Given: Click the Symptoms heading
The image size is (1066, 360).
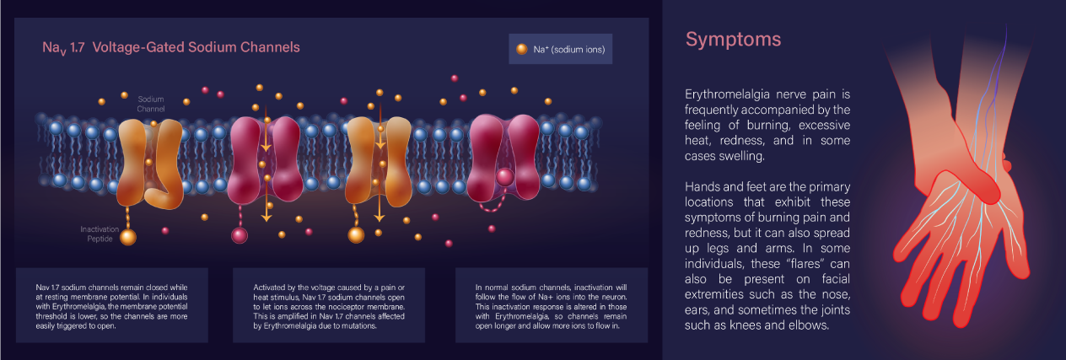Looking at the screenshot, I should coord(733,40).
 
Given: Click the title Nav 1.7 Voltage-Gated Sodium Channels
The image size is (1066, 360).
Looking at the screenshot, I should coord(171,48).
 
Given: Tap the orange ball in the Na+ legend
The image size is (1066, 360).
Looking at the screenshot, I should coord(522,50).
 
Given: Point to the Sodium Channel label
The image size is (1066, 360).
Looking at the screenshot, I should coord(151,104).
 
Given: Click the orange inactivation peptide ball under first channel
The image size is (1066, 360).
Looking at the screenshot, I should coord(128,237).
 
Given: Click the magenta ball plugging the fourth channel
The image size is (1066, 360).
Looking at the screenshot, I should coord(505,176).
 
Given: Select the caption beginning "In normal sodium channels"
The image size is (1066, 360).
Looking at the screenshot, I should coord(551,306).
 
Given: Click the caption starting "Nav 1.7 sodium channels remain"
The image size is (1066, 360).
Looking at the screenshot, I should coord(112,306).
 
